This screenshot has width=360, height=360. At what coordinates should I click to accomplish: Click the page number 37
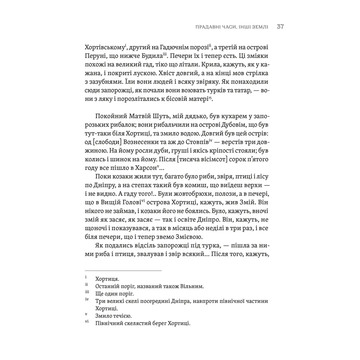(x=280, y=27)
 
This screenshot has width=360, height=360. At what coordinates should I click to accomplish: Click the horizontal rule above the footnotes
(x=123, y=271)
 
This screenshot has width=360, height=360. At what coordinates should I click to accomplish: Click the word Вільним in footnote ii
(x=191, y=286)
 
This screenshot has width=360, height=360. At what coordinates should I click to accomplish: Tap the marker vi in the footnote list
(x=87, y=322)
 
